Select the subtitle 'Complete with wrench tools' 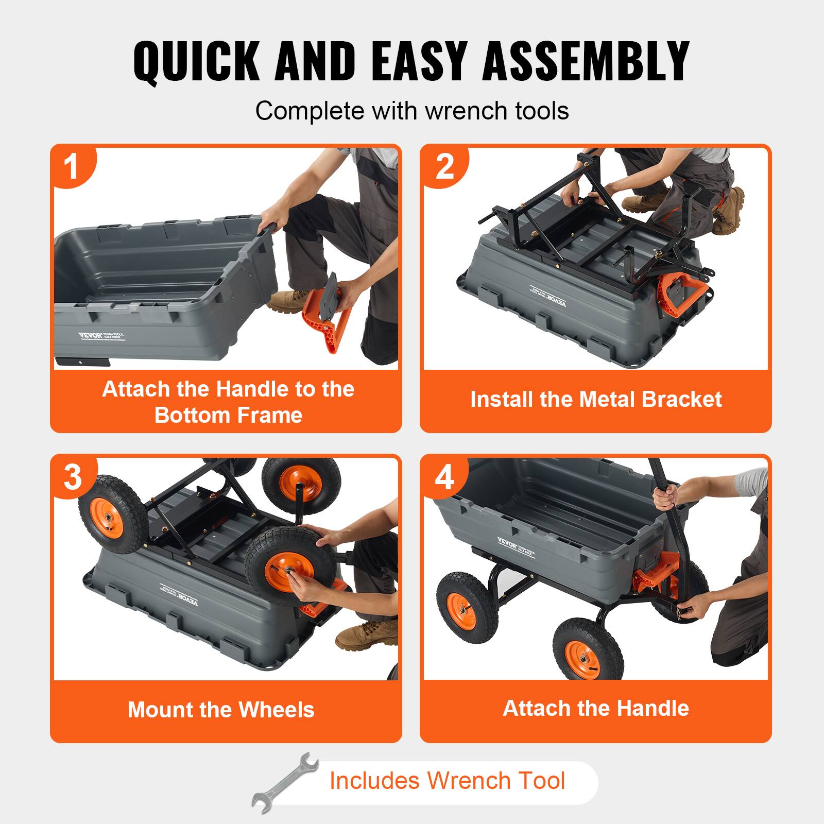tap(412, 111)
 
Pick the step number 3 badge tap(73, 477)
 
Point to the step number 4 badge tap(444, 477)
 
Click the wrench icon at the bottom tap(285, 782)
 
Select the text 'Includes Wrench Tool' tap(447, 780)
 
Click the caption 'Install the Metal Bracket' tap(596, 400)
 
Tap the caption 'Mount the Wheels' tap(221, 710)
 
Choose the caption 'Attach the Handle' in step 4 tap(596, 708)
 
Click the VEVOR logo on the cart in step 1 tap(90, 336)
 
